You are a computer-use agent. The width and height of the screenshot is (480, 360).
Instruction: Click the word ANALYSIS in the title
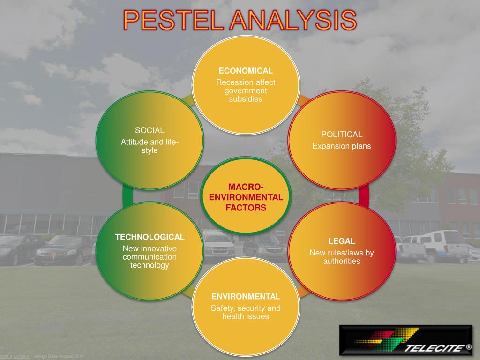(x=293, y=21)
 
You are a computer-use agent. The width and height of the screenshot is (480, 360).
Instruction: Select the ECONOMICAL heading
(x=246, y=71)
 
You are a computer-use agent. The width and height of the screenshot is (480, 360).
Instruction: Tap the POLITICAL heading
(x=341, y=135)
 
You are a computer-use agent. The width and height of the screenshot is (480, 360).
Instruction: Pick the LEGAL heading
(x=341, y=241)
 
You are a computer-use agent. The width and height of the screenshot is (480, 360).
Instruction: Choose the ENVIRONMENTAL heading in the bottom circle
(x=246, y=296)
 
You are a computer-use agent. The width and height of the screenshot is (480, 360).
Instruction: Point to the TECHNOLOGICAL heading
(x=150, y=237)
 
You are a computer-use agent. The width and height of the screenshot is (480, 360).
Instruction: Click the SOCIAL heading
(x=150, y=130)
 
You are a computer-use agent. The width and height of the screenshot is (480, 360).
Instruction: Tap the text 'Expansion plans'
(x=341, y=146)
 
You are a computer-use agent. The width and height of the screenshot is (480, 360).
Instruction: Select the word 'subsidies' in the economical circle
(x=246, y=99)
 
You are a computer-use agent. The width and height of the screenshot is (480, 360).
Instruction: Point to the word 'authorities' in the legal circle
(x=341, y=261)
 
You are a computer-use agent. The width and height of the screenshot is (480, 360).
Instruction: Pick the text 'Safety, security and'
(x=246, y=308)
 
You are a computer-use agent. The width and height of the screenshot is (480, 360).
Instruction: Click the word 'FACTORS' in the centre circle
(x=246, y=207)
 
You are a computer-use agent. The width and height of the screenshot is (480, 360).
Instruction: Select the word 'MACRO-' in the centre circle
(x=246, y=187)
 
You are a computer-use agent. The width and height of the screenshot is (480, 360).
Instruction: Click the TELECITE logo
(x=406, y=340)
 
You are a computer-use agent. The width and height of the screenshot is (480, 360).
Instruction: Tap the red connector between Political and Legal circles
(x=364, y=196)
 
